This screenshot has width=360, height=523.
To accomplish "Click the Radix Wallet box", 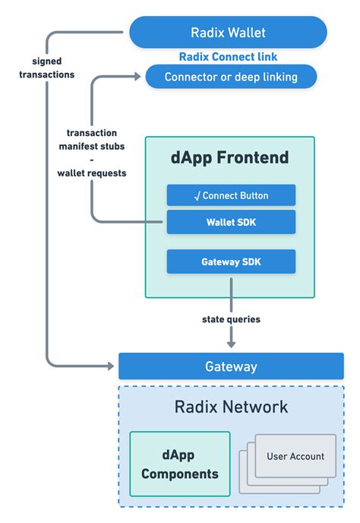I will pos(228,33).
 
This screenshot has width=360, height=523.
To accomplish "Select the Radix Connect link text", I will pos(228,57).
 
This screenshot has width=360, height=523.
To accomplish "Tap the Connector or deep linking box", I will pos(230,77).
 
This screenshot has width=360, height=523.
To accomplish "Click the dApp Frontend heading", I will pos(230,157).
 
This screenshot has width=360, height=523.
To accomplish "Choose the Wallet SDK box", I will pos(230,223).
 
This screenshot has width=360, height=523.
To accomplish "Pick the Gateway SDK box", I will pos(230,261).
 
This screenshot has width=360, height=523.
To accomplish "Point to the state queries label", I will pos(230,319).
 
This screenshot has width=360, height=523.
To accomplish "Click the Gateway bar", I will pos(231,366).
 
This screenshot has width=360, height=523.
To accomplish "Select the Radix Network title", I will pos(231,407).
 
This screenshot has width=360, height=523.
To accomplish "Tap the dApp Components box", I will pos(179,464).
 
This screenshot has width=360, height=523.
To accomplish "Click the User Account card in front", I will pos(295,456).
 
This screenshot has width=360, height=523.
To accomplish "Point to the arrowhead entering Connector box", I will pos(136,76).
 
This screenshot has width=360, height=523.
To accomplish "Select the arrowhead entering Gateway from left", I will pos(112,366).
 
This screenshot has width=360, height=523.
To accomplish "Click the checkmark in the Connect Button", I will pos(197,196).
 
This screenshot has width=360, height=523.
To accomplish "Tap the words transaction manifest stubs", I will pos(91,138).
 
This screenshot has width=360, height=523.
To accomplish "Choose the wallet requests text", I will pos(91,173).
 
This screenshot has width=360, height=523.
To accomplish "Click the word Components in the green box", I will pos(179,474).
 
